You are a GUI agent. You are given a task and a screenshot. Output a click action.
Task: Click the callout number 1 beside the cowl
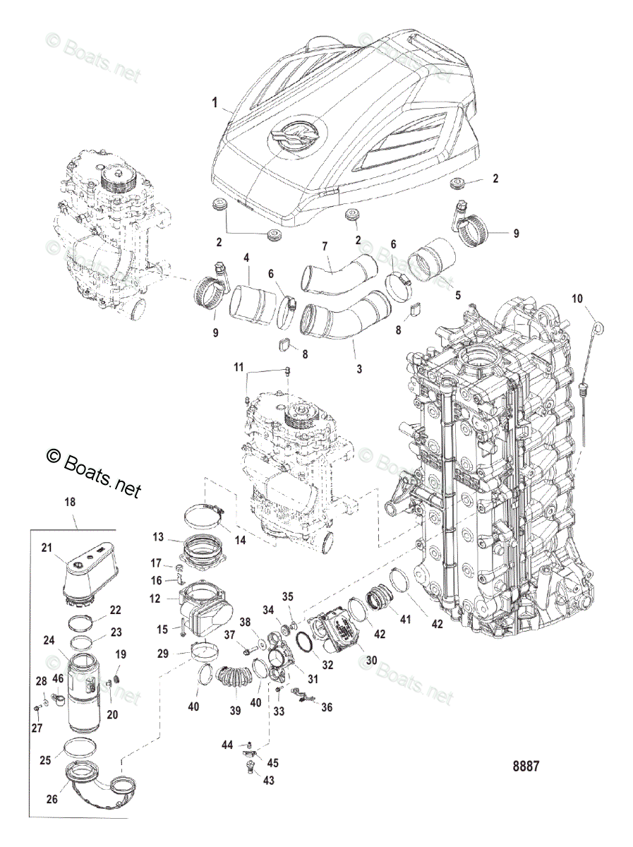click(x=215, y=102)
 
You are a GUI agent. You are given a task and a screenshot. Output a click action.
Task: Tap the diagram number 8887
click(x=525, y=766)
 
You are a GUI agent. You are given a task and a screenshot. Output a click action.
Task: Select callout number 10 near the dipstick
click(x=577, y=299)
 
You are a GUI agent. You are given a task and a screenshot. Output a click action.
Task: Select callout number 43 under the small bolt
click(x=269, y=780)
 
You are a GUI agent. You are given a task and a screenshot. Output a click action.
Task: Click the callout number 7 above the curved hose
click(x=325, y=246)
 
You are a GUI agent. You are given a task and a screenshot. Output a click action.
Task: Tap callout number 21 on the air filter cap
click(x=47, y=548)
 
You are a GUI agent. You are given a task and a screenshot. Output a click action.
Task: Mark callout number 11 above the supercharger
click(x=239, y=367)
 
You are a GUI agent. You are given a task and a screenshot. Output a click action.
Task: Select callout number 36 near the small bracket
click(x=327, y=707)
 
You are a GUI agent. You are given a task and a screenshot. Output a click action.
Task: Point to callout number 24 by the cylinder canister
click(x=49, y=641)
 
